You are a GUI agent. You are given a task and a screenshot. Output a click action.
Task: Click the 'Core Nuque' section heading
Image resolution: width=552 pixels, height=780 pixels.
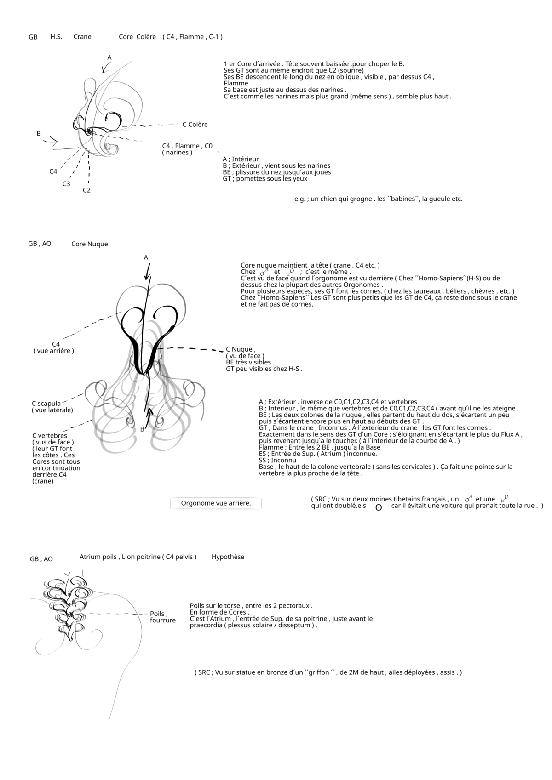pyautogui.click(x=89, y=244)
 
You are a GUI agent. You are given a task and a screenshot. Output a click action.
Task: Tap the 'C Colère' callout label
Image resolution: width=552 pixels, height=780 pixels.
pyautogui.click(x=195, y=125)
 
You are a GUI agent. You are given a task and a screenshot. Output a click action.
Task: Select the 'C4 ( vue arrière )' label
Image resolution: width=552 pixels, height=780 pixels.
pyautogui.click(x=54, y=347)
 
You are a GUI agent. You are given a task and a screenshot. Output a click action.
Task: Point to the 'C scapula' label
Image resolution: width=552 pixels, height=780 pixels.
pyautogui.click(x=46, y=404)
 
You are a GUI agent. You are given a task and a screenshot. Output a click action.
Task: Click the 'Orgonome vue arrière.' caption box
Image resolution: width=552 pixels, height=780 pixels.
pyautogui.click(x=216, y=503)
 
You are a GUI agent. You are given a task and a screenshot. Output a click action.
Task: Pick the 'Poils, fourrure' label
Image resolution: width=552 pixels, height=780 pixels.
pyautogui.click(x=162, y=617)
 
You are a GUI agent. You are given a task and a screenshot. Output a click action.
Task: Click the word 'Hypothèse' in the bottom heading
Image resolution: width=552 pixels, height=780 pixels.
pyautogui.click(x=228, y=557)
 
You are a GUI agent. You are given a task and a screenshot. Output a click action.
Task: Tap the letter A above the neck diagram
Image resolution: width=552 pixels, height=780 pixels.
pyautogui.click(x=146, y=257)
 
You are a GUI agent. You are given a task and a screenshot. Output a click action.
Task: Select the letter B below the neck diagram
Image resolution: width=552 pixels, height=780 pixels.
pyautogui.click(x=142, y=429)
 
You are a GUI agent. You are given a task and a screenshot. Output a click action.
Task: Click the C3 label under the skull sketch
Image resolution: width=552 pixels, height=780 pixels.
pyautogui.click(x=66, y=184)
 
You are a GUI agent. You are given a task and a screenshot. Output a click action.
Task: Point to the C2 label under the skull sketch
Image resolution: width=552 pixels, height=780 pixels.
pyautogui.click(x=86, y=190)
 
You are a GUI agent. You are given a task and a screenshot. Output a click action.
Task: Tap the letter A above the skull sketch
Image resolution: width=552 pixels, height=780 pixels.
pyautogui.click(x=109, y=57)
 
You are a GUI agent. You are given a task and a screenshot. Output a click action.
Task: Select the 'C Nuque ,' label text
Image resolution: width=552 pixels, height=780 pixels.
pyautogui.click(x=241, y=349)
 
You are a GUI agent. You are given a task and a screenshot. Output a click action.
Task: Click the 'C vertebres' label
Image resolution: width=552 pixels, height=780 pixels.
pyautogui.click(x=50, y=436)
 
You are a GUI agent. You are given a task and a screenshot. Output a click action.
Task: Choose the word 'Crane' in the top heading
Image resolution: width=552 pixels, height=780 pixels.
pyautogui.click(x=82, y=37)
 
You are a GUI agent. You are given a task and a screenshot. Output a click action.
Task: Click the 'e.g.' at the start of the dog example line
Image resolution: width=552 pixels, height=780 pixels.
pyautogui.click(x=300, y=199)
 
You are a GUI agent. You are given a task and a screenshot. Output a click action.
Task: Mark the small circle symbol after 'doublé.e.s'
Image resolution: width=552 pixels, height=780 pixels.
pyautogui.click(x=379, y=508)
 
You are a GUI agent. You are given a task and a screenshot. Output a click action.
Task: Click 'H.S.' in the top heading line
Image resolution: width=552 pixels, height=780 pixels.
pyautogui.click(x=56, y=37)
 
